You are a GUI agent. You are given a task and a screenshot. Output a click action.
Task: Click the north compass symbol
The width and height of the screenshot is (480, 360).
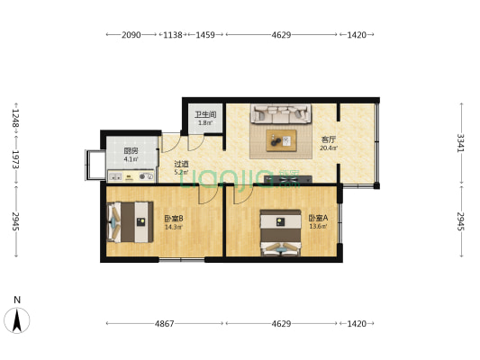[x=17, y=320]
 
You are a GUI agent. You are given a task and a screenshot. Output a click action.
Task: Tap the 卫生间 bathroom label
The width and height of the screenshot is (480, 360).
[x=205, y=114]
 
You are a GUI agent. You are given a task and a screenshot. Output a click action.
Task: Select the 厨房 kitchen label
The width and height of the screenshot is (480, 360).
[x=131, y=151]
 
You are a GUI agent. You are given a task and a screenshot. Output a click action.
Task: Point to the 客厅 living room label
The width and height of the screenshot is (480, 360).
[x=329, y=139]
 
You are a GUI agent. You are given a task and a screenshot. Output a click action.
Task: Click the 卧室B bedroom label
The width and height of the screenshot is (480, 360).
[x=174, y=219]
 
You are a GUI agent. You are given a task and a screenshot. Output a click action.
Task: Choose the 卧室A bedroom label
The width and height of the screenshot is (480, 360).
[x=318, y=218]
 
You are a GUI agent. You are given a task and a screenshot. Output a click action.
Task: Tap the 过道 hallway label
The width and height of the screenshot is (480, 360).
[x=182, y=164]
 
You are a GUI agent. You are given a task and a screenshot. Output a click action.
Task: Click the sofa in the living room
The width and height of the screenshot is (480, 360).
[x=281, y=113]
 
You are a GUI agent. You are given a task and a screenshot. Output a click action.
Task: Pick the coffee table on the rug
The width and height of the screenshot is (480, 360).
[x=281, y=140]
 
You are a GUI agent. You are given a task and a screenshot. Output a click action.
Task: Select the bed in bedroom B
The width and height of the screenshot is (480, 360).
[x=130, y=222]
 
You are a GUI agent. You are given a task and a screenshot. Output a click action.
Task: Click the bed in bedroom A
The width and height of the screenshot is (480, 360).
[x=280, y=233]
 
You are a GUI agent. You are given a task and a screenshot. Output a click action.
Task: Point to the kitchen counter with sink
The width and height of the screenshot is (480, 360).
[x=131, y=176]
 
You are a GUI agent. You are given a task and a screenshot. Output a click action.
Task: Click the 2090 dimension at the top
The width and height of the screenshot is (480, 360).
[x=131, y=35]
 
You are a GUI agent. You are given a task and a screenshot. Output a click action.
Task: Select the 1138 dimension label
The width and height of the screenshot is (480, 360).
[x=173, y=35]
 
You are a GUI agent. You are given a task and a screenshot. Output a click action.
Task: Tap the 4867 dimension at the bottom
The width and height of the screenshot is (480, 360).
[x=165, y=324]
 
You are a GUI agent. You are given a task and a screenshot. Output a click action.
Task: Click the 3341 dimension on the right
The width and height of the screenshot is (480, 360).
[x=461, y=143]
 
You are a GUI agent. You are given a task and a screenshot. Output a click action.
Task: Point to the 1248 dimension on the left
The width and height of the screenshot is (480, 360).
[x=16, y=119]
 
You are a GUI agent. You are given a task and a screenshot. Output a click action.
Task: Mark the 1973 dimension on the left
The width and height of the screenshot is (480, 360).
[x=16, y=159]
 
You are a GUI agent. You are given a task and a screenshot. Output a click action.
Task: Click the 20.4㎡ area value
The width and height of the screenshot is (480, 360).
[x=329, y=148]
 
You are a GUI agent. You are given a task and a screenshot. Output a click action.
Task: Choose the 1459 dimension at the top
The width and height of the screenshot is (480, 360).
[x=205, y=35]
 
